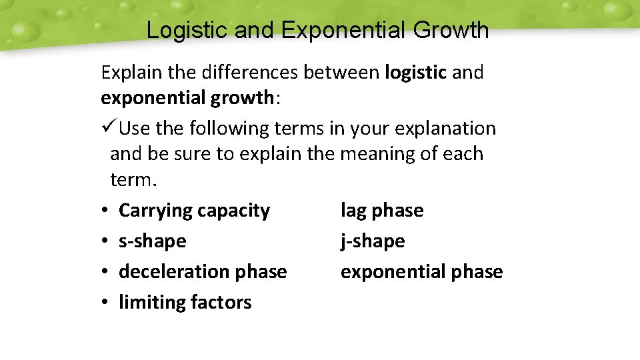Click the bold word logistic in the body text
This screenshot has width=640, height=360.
[x=415, y=72]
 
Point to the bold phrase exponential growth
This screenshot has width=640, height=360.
[x=187, y=98]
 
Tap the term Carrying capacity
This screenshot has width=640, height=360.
[x=194, y=211]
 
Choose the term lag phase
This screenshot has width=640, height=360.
[x=381, y=211]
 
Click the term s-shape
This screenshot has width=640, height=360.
[x=152, y=241]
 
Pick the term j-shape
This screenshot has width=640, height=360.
[x=372, y=241]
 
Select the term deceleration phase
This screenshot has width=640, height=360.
[x=203, y=272]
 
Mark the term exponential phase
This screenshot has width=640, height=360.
[x=421, y=272]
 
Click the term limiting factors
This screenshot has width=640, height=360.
[x=185, y=303]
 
